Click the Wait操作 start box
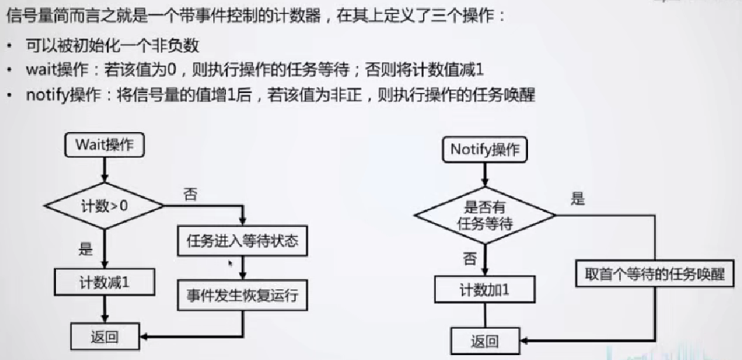click(104, 145)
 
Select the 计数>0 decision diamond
click(104, 206)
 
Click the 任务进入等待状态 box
click(242, 241)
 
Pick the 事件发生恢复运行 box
click(242, 295)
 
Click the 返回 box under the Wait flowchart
click(104, 337)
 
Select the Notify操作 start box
click(485, 149)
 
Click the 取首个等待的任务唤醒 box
click(655, 274)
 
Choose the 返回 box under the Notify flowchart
click(485, 341)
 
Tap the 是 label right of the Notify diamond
click(578, 199)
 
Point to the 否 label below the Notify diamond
click(470, 259)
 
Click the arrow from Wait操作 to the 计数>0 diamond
click(104, 169)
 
